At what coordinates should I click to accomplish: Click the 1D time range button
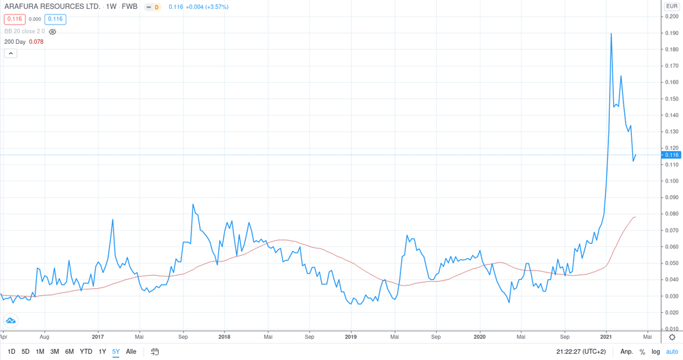click(11, 352)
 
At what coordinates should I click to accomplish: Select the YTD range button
click(86, 352)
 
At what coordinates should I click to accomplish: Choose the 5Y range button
click(116, 352)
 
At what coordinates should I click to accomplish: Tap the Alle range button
click(131, 352)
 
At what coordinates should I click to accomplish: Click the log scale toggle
click(656, 352)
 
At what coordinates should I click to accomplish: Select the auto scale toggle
click(672, 352)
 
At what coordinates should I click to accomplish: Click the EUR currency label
click(671, 6)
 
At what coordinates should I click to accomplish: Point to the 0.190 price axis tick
click(671, 33)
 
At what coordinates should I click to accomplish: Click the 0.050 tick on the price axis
click(671, 263)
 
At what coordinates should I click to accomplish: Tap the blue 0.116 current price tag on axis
click(671, 155)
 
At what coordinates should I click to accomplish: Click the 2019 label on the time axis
click(350, 337)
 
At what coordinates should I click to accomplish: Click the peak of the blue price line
click(611, 34)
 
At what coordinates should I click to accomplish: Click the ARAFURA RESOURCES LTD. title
click(52, 7)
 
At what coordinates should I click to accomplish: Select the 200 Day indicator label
click(14, 42)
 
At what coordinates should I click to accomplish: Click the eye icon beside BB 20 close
click(53, 31)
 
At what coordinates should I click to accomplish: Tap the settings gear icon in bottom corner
click(672, 337)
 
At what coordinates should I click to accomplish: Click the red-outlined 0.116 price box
click(14, 19)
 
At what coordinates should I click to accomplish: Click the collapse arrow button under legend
click(11, 53)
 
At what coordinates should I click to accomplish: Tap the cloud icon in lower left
click(11, 320)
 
